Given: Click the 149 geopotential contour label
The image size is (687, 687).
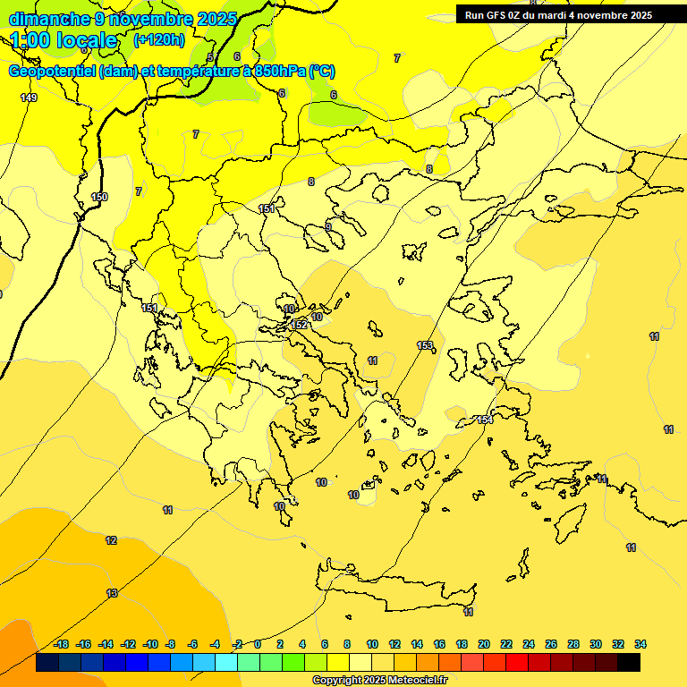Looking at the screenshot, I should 29,98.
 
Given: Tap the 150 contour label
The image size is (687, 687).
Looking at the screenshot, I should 99,197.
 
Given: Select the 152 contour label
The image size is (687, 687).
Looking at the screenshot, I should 300,325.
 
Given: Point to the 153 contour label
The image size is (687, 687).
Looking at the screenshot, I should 425,345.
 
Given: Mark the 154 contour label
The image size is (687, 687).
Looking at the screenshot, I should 485,420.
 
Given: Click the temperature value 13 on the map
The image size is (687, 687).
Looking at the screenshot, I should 112,593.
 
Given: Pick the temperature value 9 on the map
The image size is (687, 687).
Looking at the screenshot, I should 328,227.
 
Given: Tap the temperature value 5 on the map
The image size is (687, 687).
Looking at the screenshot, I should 210,57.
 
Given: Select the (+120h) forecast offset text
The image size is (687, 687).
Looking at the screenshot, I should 159,39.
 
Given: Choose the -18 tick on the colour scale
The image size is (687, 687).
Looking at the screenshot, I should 61,644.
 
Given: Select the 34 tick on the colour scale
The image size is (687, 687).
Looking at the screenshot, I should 640,644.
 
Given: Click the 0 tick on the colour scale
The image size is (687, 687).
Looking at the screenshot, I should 258,644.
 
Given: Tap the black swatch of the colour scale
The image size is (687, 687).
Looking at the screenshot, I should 629,663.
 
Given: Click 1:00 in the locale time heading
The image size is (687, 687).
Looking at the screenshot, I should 31,40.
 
